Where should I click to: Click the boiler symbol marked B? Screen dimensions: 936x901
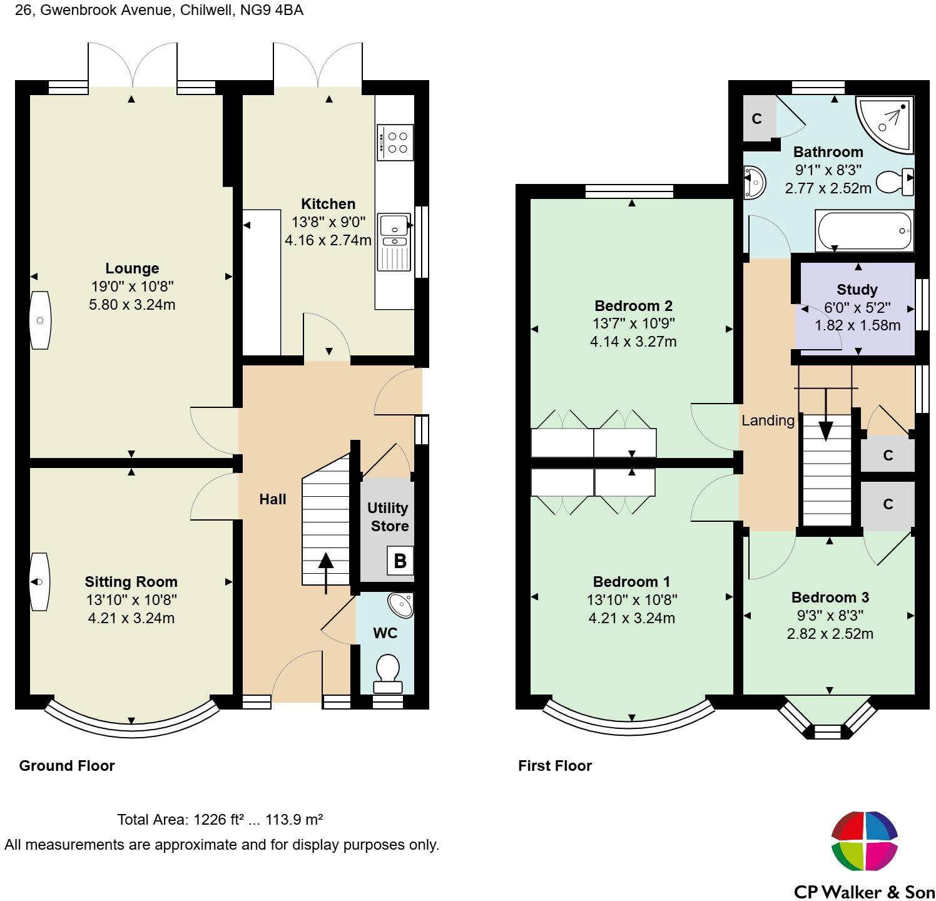click(x=400, y=560)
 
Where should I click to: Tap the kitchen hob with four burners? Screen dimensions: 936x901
click(x=395, y=142)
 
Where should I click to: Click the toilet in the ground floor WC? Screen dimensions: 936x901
click(x=388, y=673)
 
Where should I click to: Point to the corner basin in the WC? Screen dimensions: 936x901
click(x=402, y=604)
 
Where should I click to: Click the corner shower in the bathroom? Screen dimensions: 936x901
click(x=885, y=124)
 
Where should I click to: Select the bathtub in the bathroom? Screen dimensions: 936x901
click(x=864, y=231)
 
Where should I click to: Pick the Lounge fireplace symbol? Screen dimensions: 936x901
click(x=40, y=320)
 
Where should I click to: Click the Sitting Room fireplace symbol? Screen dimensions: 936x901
click(x=39, y=581)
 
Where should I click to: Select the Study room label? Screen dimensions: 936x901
click(x=857, y=290)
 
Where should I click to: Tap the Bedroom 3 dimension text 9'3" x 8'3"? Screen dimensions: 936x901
click(x=830, y=615)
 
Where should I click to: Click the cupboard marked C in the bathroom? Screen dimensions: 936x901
click(x=757, y=118)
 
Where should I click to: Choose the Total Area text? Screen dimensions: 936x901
click(x=220, y=820)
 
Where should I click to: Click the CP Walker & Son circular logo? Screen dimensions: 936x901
click(x=865, y=841)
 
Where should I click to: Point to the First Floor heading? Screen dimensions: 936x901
click(x=555, y=766)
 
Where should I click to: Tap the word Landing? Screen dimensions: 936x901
click(x=768, y=421)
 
